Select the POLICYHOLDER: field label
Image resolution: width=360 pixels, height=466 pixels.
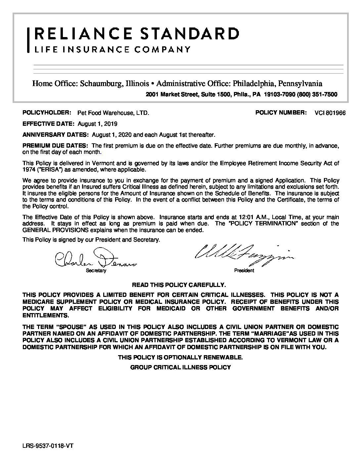(x=47, y=113)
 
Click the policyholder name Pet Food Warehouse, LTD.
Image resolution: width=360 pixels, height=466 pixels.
(x=113, y=113)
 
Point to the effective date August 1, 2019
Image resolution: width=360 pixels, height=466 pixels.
(x=98, y=124)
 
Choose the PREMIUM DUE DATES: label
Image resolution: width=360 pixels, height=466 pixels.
(x=55, y=146)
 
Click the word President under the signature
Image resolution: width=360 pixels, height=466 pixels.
(x=244, y=270)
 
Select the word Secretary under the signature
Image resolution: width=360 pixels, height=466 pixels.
(x=96, y=271)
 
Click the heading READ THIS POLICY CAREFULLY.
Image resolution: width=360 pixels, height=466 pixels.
(x=179, y=285)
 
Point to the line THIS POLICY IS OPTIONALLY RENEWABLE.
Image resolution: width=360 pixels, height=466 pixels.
(x=180, y=357)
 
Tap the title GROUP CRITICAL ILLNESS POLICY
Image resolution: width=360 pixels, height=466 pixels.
(x=180, y=367)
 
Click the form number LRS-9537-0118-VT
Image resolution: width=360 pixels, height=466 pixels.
(x=48, y=446)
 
